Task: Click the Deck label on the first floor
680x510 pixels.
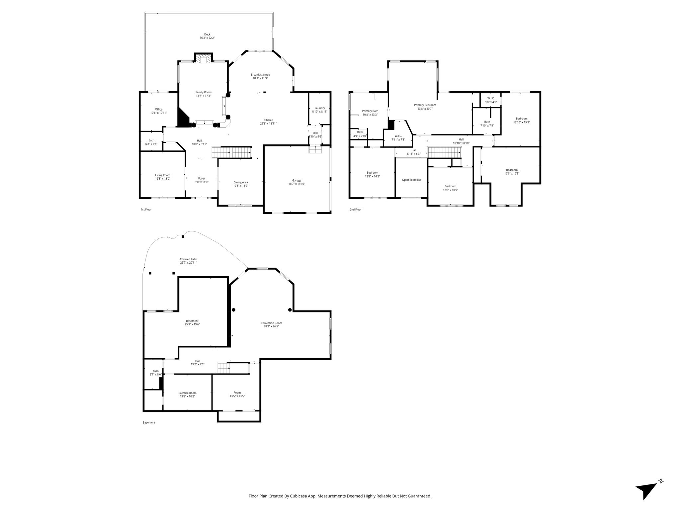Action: (207, 34)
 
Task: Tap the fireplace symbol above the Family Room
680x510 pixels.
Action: (203, 59)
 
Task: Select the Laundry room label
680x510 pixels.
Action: (320, 108)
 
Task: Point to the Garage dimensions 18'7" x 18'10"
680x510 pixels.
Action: (297, 184)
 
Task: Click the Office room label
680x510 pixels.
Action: (159, 109)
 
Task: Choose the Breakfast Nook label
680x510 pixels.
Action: (260, 75)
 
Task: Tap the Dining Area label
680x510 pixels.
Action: (241, 182)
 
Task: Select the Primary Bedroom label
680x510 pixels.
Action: (425, 105)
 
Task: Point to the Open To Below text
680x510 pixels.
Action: (411, 180)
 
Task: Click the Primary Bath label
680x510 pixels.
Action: (370, 111)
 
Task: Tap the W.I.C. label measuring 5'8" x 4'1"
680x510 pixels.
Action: (491, 98)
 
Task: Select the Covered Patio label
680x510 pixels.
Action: (189, 259)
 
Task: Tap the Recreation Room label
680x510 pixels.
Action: (271, 323)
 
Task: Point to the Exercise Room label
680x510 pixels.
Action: (187, 393)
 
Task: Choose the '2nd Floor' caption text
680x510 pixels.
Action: (356, 210)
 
